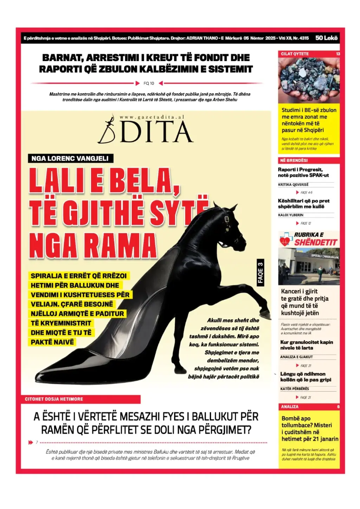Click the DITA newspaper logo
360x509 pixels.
click(146, 130)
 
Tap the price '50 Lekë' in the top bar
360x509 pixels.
click(326, 38)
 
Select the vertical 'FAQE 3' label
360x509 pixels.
click(260, 273)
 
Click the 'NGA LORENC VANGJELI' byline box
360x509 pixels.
click(70, 158)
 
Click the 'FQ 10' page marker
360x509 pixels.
click(149, 83)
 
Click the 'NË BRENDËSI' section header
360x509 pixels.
click(294, 160)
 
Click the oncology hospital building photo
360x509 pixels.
click(309, 266)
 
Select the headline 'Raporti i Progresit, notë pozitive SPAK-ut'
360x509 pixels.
click(303, 172)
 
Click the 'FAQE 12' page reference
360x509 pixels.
click(306, 223)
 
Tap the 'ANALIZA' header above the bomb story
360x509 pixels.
click(289, 406)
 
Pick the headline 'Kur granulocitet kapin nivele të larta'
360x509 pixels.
click(307, 345)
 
